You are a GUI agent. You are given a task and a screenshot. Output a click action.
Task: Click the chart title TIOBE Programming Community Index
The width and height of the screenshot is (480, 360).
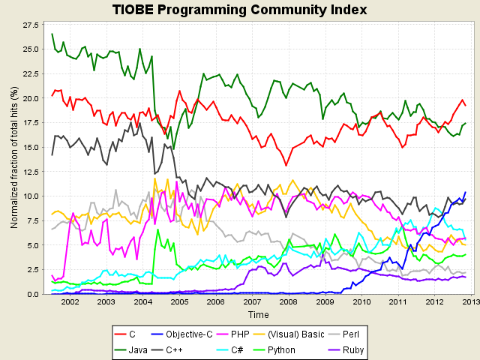coord(240,10)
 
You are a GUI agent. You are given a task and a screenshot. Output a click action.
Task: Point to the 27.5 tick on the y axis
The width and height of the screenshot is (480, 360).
coord(31,25)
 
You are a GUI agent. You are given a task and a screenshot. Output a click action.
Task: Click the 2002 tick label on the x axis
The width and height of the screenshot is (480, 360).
coord(70,302)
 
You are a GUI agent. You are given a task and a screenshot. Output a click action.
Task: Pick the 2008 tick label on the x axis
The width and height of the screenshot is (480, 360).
coord(288,302)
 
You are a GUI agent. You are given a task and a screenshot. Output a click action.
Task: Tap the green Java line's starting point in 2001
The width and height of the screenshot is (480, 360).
coord(52,34)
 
